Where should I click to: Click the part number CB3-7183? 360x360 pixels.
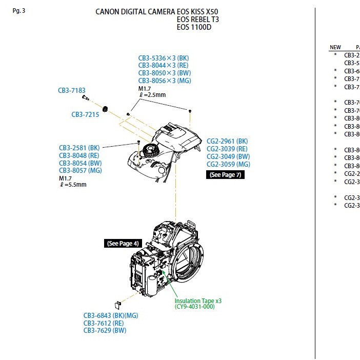click(x=71, y=90)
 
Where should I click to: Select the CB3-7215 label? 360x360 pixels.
click(x=85, y=115)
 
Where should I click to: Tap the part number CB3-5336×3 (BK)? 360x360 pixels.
click(x=163, y=58)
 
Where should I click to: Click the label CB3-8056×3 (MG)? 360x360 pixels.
click(x=164, y=81)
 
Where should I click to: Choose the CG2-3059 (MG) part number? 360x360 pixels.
click(x=228, y=164)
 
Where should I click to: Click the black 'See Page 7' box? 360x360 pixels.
click(x=225, y=175)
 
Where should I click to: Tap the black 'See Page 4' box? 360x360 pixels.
click(x=123, y=244)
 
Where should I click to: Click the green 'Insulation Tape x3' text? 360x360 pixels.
click(x=198, y=301)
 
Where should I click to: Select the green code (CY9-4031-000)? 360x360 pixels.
click(x=194, y=307)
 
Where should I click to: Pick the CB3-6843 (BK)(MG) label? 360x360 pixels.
click(x=111, y=315)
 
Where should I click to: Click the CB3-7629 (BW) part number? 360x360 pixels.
click(x=105, y=331)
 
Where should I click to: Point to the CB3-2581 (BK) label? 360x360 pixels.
click(x=79, y=148)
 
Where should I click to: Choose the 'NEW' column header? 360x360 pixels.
click(x=335, y=48)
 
